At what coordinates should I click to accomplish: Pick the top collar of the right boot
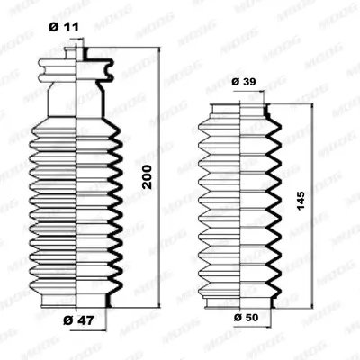(x=241, y=109)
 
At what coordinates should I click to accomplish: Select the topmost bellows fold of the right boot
(x=241, y=126)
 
